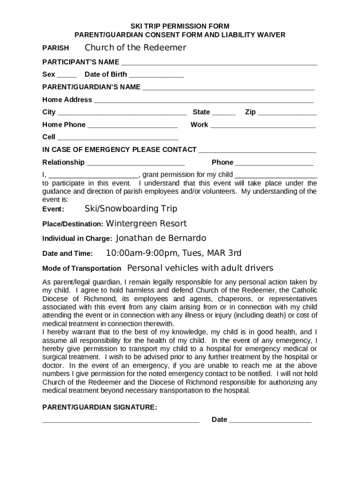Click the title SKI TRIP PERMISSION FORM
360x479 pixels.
[x=180, y=26]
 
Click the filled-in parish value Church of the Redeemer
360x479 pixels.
[x=135, y=48]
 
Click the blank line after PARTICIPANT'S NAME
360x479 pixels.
[x=219, y=63]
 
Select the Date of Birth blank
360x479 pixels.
[x=156, y=75]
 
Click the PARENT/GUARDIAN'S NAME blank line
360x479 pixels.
[x=228, y=88]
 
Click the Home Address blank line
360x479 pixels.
[x=203, y=101]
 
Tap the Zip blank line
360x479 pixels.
[x=287, y=113]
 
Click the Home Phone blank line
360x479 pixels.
[x=132, y=126]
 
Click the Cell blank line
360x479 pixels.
[x=117, y=138]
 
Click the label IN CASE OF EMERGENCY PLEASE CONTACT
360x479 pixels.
[x=119, y=150]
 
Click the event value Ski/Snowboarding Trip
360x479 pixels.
[x=130, y=209]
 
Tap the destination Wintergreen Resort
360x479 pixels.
[x=146, y=224]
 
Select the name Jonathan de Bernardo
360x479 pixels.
[x=161, y=238]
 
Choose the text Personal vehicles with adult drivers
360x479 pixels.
[x=200, y=268]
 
